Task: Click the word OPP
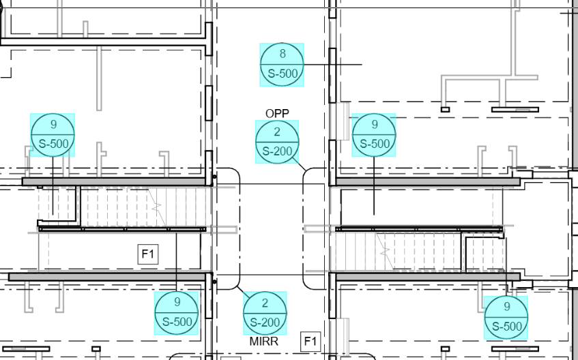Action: [277, 113]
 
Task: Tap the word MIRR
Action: [264, 341]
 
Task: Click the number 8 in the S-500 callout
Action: [283, 54]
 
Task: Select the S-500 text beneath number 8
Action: [283, 74]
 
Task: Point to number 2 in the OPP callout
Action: [277, 132]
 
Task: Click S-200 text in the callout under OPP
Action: [277, 151]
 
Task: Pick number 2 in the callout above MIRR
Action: [265, 303]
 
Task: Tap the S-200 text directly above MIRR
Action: [265, 322]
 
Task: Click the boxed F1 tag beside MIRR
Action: [310, 342]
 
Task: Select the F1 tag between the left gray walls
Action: [148, 254]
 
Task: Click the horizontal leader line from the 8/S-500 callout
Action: [333, 65]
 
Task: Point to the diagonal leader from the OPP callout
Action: [300, 164]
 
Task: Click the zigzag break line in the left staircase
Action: [157, 207]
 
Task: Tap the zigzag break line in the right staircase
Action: [385, 252]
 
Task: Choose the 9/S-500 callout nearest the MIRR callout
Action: [177, 313]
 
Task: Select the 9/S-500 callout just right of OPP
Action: [374, 135]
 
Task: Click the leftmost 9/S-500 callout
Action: [53, 135]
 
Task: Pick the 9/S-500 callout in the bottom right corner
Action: [506, 317]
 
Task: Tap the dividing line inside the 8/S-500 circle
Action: [282, 65]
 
